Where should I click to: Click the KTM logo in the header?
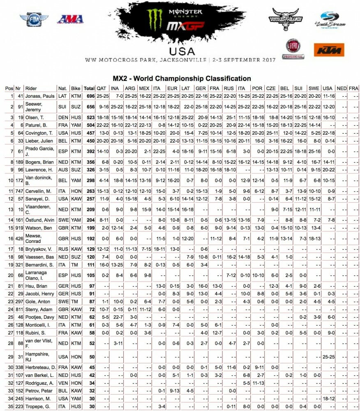329,50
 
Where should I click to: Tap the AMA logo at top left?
70,19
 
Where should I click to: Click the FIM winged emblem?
34,19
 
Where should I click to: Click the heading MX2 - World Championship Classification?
182,78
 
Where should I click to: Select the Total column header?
89,88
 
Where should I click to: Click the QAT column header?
101,88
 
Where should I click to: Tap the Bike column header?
76,88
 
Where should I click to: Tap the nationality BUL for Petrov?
62,391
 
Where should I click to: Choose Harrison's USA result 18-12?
328,398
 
